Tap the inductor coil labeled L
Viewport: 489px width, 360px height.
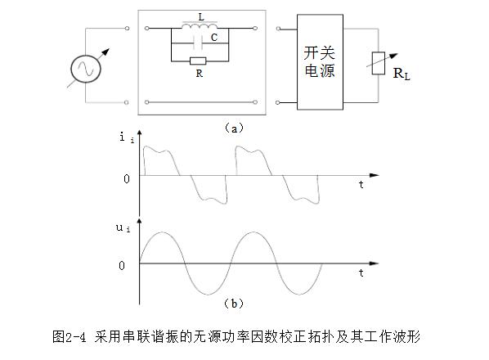200,26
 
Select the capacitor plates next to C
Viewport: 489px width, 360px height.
198,43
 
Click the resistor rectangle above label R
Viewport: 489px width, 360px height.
198,61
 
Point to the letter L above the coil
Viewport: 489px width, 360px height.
201,17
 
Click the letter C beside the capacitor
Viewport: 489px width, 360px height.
214,38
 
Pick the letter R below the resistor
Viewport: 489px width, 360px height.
200,74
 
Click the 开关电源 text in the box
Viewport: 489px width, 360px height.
320,61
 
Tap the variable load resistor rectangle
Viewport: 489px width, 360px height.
379,63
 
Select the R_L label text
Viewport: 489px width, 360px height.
402,74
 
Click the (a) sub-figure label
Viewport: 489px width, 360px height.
234,128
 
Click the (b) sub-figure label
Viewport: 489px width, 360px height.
234,304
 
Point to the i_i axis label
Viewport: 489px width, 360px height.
127,137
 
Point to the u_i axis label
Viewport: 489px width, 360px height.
123,227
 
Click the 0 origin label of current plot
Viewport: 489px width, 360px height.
127,178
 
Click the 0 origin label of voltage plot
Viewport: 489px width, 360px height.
122,265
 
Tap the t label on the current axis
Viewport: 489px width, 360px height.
361,184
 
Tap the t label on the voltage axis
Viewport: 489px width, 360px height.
361,272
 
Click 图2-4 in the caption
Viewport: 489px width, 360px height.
69,337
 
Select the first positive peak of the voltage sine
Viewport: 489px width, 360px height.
162,232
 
